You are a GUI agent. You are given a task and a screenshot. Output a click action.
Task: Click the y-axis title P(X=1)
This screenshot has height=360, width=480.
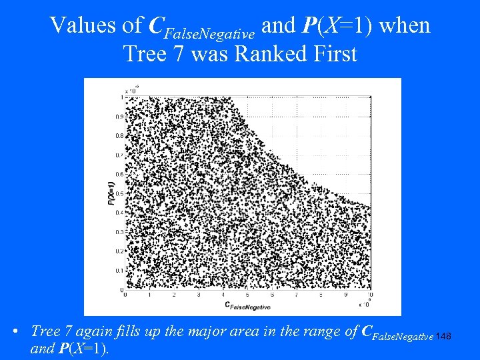coord(112,190)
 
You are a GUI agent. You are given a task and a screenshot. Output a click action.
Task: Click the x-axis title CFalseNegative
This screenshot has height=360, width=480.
coord(247,306)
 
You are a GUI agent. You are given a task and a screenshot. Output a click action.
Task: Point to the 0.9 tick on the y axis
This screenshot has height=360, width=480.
coord(120,117)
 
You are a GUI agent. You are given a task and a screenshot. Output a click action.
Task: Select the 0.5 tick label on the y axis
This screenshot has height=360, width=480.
coord(120,194)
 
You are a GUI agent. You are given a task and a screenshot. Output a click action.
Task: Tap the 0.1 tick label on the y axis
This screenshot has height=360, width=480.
coord(120,271)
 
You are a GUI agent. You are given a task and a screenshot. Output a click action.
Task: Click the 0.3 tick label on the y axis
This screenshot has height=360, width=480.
coord(120,232)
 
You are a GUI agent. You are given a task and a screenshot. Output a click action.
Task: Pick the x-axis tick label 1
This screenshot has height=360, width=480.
coord(149,295)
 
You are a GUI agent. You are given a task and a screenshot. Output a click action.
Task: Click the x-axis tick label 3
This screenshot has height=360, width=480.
coord(199,295)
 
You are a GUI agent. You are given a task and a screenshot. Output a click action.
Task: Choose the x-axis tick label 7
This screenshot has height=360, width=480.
coord(296,295)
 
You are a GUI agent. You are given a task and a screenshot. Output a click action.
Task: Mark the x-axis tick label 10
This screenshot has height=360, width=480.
coord(369,295)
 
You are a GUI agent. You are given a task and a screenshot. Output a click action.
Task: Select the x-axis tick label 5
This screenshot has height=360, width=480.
coord(247,295)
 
